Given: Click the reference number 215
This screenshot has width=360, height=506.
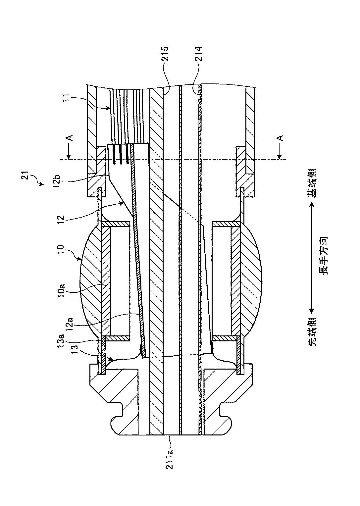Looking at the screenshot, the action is tap(165, 54).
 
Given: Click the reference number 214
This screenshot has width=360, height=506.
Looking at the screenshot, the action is tap(198, 54).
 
